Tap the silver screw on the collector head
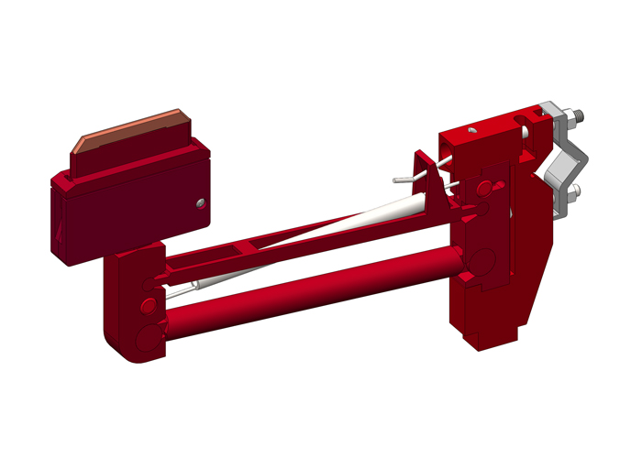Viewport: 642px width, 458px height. click(199, 204)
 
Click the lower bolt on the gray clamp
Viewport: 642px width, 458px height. click(574, 191)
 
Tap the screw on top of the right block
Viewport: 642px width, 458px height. click(470, 132)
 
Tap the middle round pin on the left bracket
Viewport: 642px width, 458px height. click(146, 303)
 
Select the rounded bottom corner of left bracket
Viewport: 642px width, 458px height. click(124, 348)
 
